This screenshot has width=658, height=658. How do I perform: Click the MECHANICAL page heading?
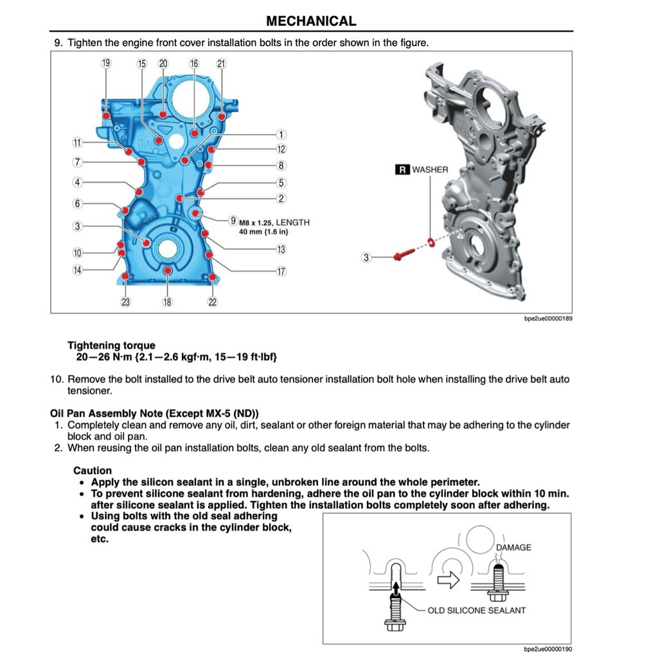[x=311, y=21]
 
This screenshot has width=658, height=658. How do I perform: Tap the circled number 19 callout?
[x=106, y=63]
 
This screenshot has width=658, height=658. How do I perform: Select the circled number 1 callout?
[x=281, y=134]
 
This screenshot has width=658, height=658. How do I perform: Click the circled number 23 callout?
[x=125, y=302]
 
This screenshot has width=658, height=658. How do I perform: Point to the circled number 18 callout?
[x=167, y=302]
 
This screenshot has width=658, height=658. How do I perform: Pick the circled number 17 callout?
[x=281, y=271]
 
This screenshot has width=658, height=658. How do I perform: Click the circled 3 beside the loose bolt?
[x=366, y=258]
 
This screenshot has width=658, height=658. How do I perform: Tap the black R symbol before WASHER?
[x=402, y=170]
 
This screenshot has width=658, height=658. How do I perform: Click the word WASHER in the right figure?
[x=430, y=170]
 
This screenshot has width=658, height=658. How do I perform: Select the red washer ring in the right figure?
[x=431, y=242]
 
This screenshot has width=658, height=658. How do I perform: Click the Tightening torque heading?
[x=111, y=345]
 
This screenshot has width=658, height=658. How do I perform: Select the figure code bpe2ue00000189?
[x=547, y=319]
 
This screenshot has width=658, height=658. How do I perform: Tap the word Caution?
[x=93, y=470]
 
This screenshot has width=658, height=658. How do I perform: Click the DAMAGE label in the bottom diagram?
[x=513, y=547]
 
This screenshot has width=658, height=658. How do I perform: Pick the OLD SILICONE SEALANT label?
[x=476, y=610]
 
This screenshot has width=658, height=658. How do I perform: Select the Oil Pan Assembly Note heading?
[x=154, y=413]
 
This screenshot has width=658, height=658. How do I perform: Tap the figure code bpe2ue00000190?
[x=547, y=650]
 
